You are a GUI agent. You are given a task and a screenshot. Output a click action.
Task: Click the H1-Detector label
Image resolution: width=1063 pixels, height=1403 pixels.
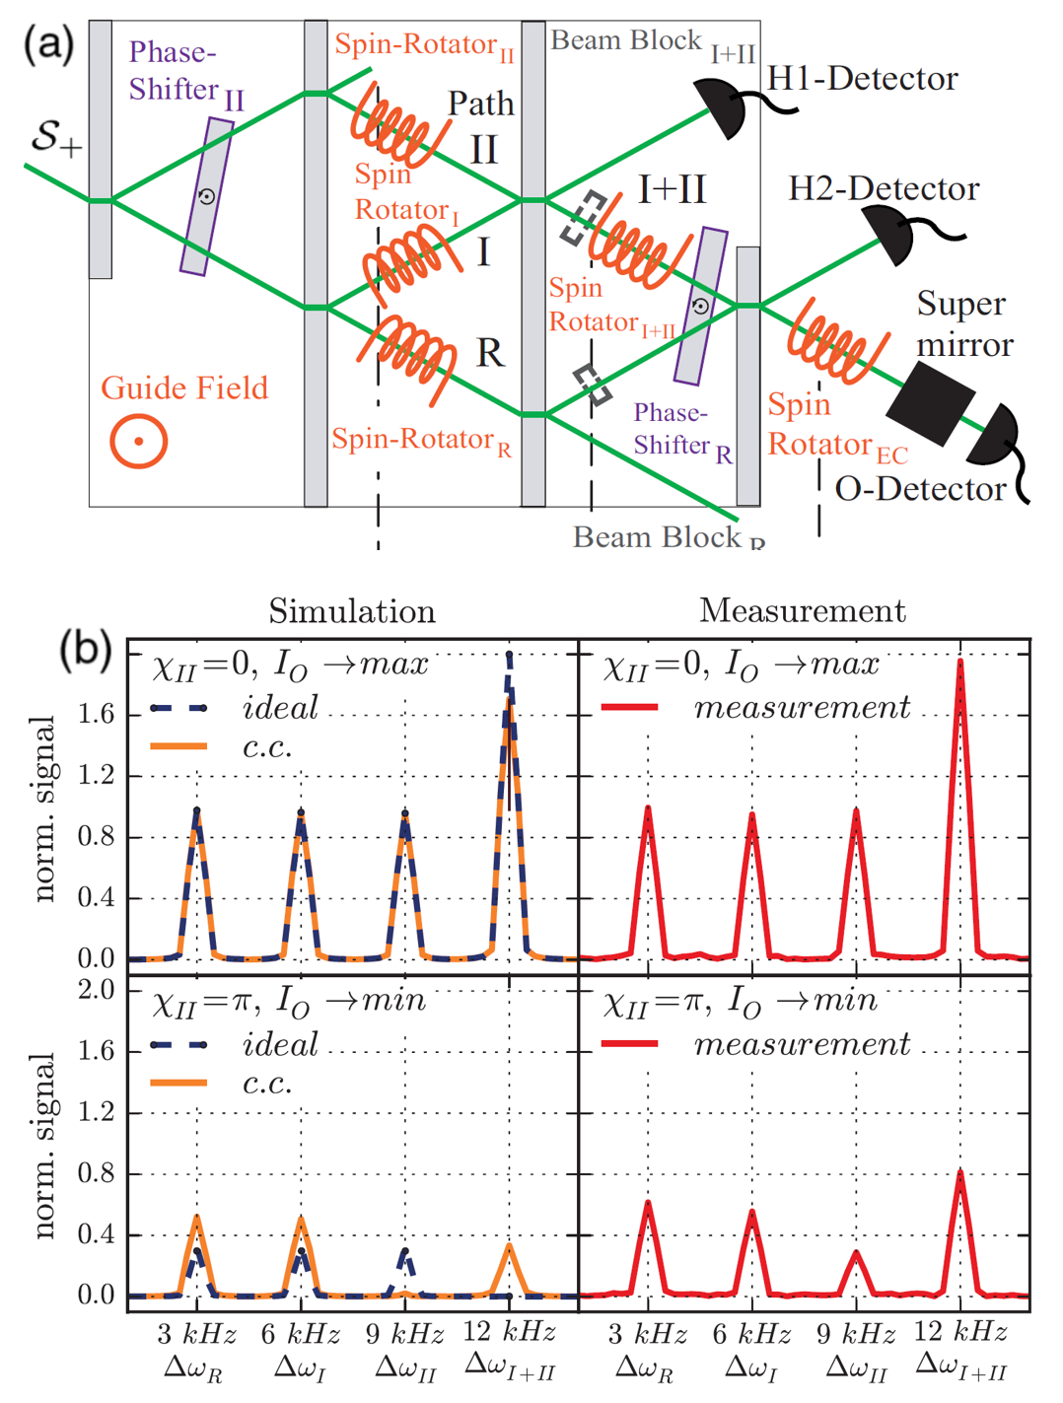point(862,79)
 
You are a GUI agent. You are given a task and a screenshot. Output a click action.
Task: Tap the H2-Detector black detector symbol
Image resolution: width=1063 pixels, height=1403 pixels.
point(892,237)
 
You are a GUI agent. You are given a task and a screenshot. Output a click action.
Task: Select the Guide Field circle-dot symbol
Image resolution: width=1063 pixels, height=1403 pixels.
point(138,441)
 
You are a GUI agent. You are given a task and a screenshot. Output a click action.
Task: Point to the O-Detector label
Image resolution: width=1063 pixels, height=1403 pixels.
point(920,489)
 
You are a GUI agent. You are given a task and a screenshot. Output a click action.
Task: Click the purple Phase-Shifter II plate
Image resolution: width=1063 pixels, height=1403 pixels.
point(207,196)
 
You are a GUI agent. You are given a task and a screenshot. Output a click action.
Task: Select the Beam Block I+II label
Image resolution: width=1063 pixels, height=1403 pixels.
point(652,43)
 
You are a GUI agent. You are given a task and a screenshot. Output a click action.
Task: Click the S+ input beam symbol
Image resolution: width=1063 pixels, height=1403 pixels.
point(55,137)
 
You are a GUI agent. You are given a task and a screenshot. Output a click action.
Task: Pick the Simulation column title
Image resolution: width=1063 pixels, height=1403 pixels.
point(352,611)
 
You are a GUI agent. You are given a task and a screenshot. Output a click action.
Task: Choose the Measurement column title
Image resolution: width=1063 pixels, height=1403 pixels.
point(803,611)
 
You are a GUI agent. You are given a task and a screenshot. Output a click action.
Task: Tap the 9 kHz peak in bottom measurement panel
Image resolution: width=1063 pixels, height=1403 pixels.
point(856,1253)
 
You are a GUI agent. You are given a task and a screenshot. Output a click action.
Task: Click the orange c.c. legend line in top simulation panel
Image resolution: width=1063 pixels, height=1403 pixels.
point(178,746)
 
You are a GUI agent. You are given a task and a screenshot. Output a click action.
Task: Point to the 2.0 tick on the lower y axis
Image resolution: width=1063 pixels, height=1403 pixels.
point(96,990)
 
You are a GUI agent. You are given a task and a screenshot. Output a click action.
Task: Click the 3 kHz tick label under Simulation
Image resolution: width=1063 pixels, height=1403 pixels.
point(196,1335)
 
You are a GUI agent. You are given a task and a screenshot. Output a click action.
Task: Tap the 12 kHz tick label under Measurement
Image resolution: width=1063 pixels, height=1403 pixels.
point(960,1332)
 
